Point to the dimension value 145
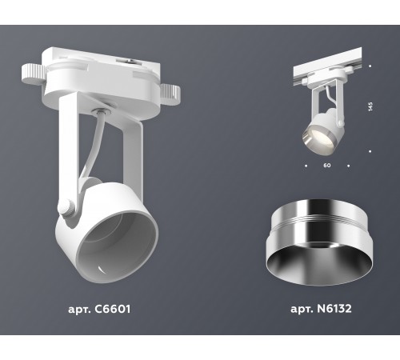tap(369, 108)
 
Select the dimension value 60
tap(327, 166)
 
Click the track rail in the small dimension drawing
tap(328, 70)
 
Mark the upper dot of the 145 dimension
tap(369, 66)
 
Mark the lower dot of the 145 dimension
tap(369, 150)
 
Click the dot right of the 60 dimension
tap(348, 166)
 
